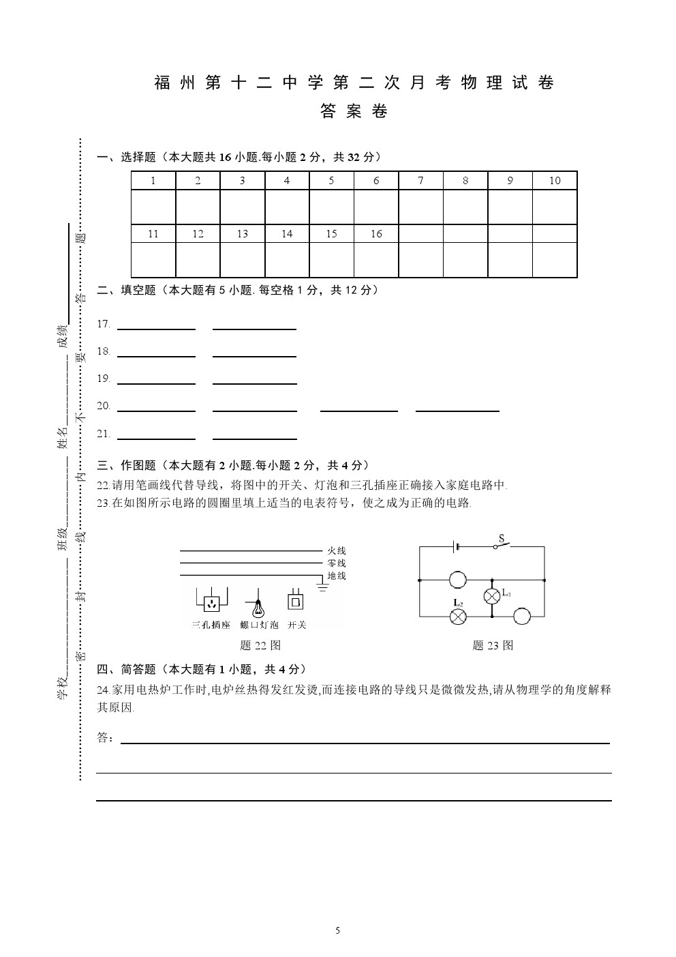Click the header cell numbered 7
[420, 181]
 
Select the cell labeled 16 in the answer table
[376, 234]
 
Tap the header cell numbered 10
[555, 181]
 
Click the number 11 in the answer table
[153, 234]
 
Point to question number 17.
[104, 324]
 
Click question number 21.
[104, 434]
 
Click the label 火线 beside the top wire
[336, 550]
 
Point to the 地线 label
[336, 576]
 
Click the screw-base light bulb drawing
[258, 604]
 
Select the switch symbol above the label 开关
[296, 600]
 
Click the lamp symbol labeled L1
[493, 595]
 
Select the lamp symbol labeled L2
[459, 616]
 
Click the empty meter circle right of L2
[522, 616]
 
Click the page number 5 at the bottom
[338, 930]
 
